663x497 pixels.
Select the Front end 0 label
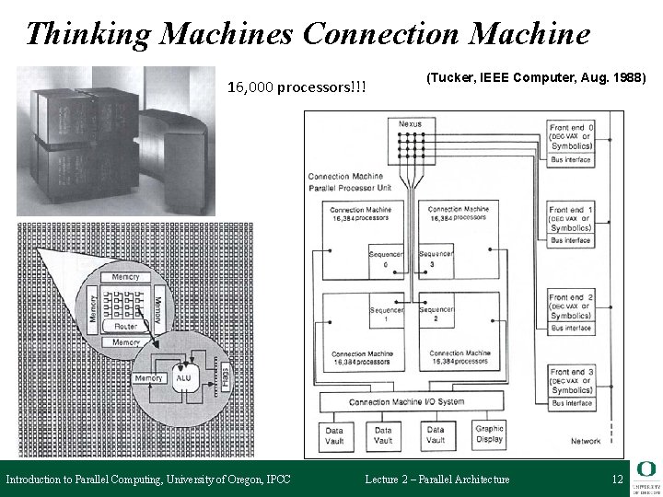click(x=571, y=126)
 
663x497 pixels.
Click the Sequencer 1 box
click(x=385, y=315)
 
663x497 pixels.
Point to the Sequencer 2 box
click(x=436, y=315)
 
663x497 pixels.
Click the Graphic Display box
click(x=488, y=433)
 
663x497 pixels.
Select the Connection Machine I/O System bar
click(x=412, y=402)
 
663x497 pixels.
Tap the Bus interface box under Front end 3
click(x=571, y=403)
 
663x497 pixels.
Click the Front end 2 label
click(x=571, y=297)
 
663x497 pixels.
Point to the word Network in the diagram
click(x=586, y=441)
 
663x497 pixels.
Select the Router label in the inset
click(x=126, y=327)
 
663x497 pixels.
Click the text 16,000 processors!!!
click(x=297, y=87)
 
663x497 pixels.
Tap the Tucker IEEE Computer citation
click(x=537, y=78)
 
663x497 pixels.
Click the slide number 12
click(x=617, y=480)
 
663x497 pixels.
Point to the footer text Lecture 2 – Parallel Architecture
click(x=436, y=480)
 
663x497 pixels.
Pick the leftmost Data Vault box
click(x=334, y=433)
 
